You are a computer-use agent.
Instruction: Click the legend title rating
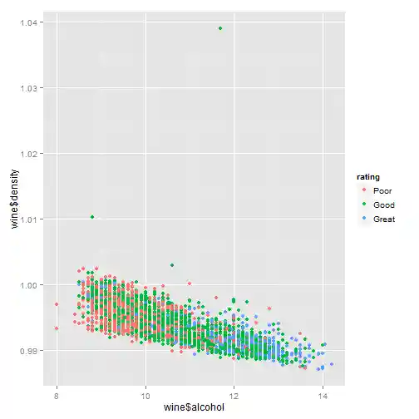click(368, 177)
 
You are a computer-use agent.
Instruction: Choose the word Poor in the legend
click(382, 190)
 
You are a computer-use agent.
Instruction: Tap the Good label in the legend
click(383, 205)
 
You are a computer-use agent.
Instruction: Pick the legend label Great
click(384, 219)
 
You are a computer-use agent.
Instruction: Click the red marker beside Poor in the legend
click(364, 190)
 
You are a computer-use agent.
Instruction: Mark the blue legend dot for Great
click(364, 219)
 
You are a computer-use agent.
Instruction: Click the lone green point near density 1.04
click(220, 28)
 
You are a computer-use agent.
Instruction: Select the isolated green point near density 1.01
click(92, 217)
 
